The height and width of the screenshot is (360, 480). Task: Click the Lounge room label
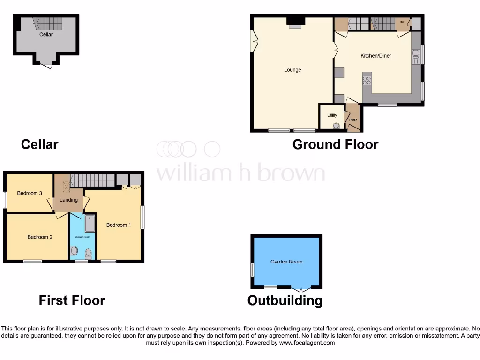tap(292, 70)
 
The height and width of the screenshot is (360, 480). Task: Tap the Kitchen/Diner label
tap(375, 56)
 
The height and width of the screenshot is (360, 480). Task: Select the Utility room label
tap(332, 115)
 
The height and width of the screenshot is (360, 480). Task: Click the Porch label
tap(353, 120)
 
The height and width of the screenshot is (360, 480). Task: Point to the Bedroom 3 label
tap(30, 193)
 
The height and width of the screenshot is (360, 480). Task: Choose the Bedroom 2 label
tap(40, 237)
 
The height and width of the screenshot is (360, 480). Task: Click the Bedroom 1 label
tap(119, 225)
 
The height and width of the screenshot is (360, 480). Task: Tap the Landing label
tap(68, 200)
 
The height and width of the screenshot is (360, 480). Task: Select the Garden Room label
tap(286, 262)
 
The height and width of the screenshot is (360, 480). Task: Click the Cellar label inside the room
tap(46, 34)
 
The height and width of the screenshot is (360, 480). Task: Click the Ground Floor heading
tap(335, 144)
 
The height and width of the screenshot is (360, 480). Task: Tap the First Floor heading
tap(72, 300)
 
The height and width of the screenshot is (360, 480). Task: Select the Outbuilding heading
tap(285, 300)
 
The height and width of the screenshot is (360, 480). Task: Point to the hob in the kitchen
tap(367, 80)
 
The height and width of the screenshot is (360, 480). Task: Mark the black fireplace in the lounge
tap(295, 20)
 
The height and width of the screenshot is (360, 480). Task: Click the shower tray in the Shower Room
tap(90, 224)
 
